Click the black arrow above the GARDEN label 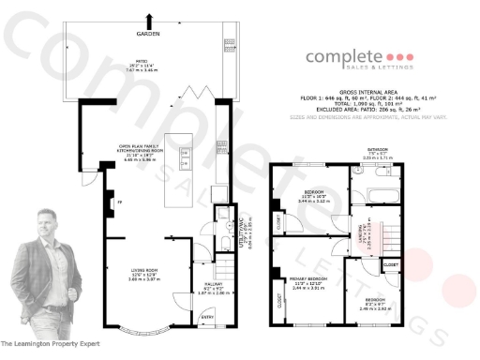click(x=149, y=20)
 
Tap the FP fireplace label click(x=119, y=202)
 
